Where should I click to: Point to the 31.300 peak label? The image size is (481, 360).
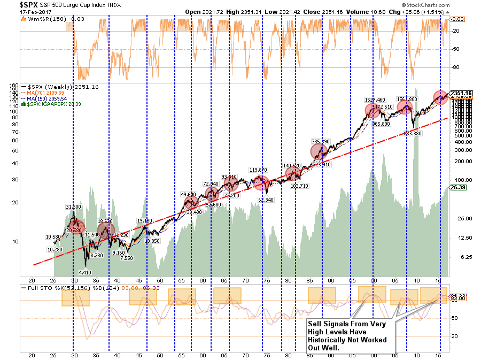tap(74, 206)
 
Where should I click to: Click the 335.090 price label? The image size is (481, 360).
tap(321, 141)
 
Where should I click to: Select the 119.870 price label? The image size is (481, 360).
tap(259, 170)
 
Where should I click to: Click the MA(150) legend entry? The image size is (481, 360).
tap(44, 98)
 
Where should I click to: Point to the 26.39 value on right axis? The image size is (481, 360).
tap(457, 188)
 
